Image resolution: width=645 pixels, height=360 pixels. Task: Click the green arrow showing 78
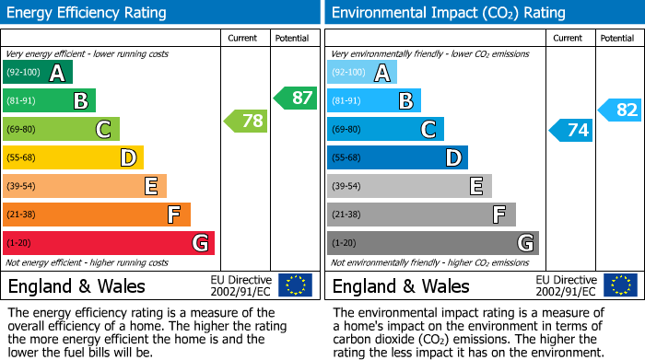tap(246, 121)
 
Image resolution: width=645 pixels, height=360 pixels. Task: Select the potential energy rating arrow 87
tap(295, 98)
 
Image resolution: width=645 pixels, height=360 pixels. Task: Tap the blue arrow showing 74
tap(570, 131)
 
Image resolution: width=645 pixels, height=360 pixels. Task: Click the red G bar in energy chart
tap(109, 243)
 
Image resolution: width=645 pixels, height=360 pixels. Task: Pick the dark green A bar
tap(38, 73)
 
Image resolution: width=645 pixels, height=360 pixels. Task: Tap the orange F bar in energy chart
tap(97, 215)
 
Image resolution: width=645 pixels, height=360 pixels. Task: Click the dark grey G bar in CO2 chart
tap(433, 243)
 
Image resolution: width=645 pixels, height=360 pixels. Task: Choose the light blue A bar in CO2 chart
tap(362, 73)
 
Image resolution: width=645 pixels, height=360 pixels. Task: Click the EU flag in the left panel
tap(295, 285)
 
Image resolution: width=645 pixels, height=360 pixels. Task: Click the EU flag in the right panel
tap(619, 285)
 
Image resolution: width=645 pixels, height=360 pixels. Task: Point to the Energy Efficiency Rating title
tap(88, 13)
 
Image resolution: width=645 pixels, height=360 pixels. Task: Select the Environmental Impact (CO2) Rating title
tap(448, 13)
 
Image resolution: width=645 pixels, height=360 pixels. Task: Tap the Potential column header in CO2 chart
tap(616, 38)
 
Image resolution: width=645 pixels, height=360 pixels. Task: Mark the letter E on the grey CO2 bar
tap(475, 186)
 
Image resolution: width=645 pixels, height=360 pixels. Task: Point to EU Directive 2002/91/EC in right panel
tap(565, 285)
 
